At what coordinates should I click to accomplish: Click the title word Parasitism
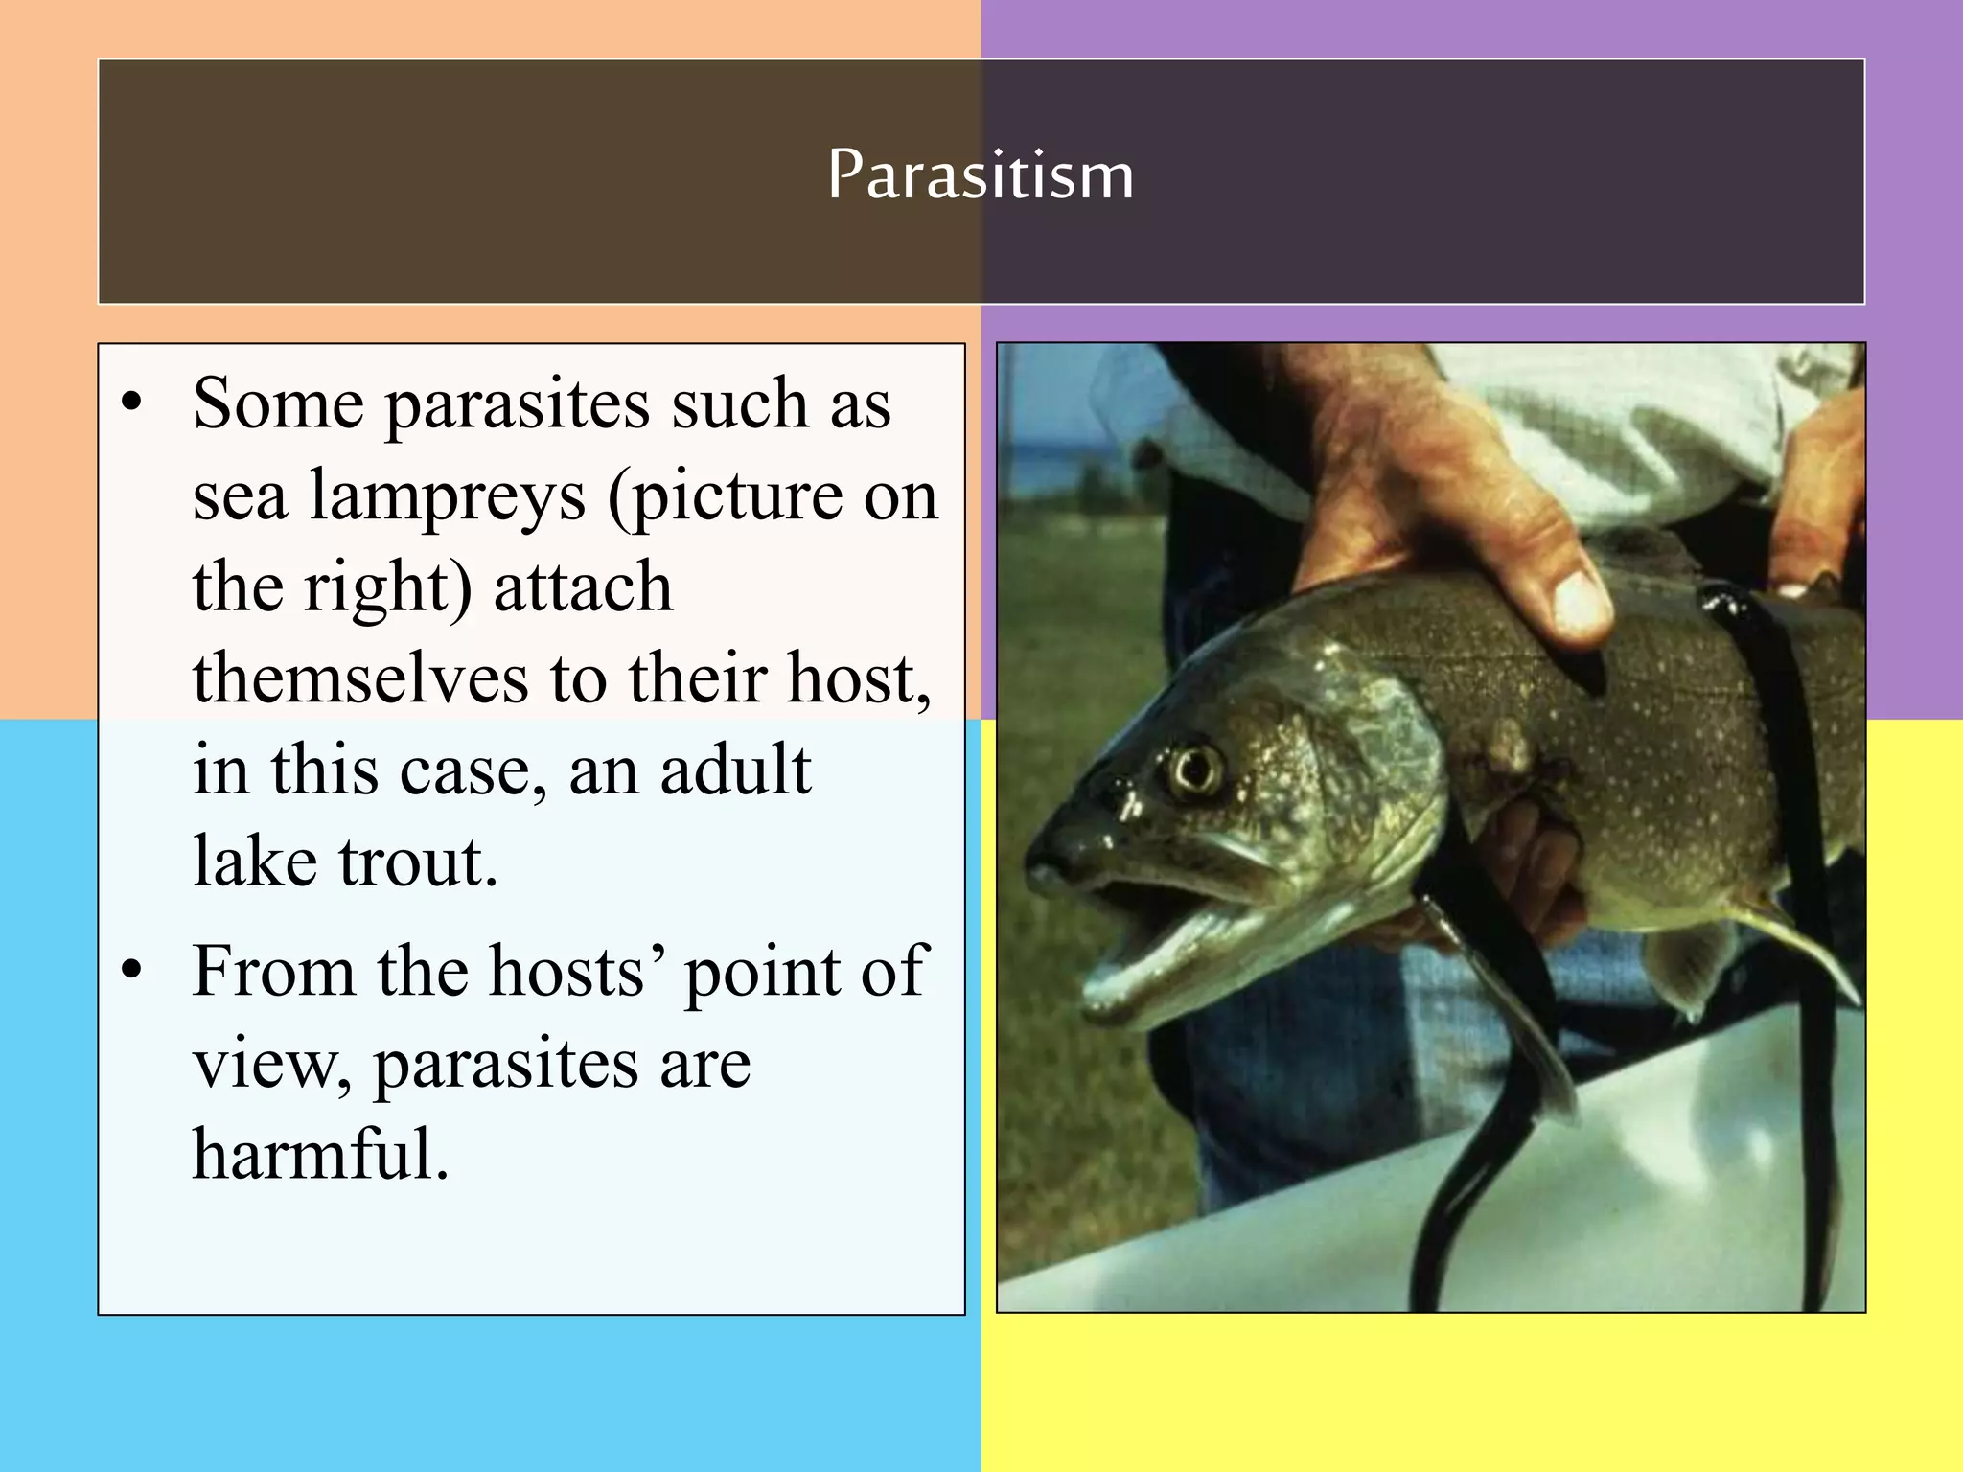[981, 176]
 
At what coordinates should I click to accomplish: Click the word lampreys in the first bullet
[447, 496]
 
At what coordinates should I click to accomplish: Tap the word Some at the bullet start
[278, 403]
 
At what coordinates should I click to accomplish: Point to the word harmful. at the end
[321, 1154]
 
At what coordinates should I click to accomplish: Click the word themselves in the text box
[360, 678]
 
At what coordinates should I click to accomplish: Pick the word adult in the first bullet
[736, 770]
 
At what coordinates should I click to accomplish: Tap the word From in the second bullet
[274, 972]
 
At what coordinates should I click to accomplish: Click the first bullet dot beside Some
[132, 403]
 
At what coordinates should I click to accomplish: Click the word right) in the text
[388, 587]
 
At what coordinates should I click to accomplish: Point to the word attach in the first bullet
[583, 587]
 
